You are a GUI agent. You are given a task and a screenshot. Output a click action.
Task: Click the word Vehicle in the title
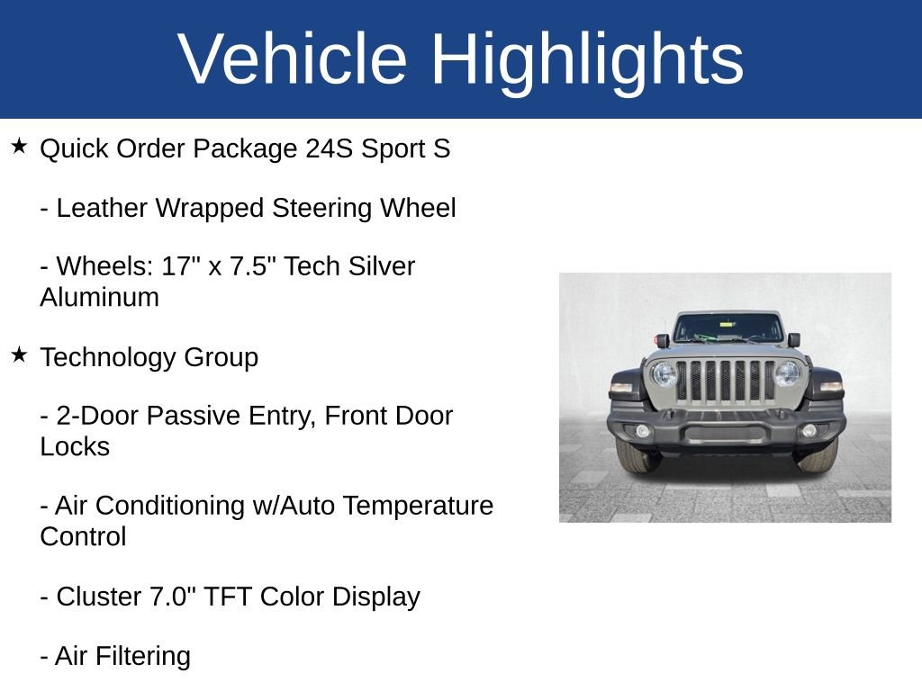coord(293,59)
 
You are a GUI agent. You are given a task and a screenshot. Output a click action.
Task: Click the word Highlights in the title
coord(587,59)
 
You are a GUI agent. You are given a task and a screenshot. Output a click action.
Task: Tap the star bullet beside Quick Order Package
coord(19,146)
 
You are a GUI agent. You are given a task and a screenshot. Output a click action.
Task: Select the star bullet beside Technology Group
coord(19,354)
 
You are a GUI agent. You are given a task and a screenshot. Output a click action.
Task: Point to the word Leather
coord(103,208)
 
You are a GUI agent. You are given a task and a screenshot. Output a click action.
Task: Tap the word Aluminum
coord(99,297)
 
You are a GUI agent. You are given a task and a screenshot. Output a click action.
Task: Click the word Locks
coord(75,446)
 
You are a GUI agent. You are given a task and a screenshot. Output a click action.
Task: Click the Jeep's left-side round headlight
coord(664,374)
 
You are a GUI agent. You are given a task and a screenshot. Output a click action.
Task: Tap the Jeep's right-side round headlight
coord(788,373)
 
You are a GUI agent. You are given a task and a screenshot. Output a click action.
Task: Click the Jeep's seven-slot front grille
coord(725,381)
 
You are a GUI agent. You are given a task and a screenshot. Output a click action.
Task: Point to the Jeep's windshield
coord(726,328)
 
